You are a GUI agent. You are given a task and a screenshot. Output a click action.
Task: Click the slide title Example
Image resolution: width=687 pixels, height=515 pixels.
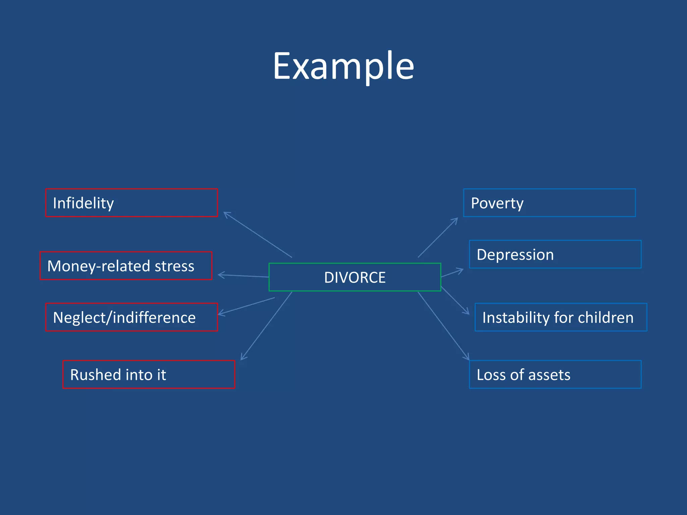(343, 66)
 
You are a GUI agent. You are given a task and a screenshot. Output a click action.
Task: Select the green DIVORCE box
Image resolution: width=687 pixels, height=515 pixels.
(355, 277)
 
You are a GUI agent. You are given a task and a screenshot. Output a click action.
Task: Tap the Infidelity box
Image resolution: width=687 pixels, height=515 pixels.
(131, 203)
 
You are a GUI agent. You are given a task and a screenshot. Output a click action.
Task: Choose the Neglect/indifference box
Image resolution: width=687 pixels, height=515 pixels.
(131, 317)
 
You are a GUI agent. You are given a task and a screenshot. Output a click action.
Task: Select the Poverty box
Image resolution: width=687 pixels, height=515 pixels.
(549, 203)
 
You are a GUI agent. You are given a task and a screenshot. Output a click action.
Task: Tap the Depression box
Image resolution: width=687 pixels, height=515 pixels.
(555, 254)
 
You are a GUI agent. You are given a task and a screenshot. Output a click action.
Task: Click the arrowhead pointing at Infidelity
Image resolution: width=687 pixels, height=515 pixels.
(226, 214)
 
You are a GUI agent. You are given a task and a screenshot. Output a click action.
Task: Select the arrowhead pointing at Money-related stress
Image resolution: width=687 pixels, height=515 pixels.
(220, 275)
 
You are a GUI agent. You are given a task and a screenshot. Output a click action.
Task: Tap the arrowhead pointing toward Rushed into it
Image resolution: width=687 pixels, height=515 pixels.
(243, 358)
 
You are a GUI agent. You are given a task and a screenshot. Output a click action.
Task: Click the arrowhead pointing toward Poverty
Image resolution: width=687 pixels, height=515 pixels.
(456, 220)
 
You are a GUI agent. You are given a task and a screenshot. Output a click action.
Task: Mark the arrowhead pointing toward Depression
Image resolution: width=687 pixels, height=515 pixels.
(461, 270)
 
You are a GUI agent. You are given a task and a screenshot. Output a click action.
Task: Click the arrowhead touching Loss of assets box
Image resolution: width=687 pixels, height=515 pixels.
(467, 358)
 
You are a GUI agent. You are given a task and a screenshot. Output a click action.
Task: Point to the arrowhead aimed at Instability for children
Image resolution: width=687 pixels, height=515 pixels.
(467, 312)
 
